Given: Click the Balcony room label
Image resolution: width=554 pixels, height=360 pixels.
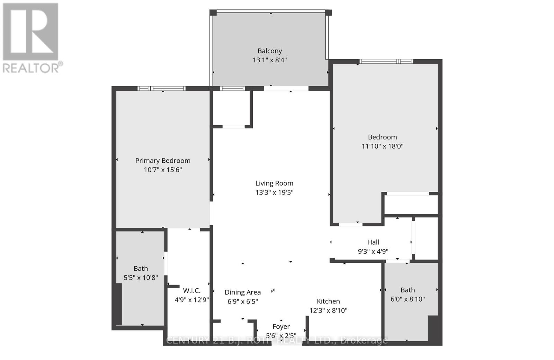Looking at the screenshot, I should (x=269, y=51).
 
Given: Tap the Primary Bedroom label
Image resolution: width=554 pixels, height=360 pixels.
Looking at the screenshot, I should (x=163, y=161).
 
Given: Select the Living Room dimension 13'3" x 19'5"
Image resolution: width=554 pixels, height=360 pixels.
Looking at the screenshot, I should (x=274, y=192).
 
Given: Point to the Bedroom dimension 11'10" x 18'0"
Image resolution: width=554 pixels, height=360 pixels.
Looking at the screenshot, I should (x=382, y=146).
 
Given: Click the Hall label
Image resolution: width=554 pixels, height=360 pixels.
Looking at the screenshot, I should (x=373, y=242).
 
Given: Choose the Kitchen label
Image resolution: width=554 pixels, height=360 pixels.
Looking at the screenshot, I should (x=328, y=301).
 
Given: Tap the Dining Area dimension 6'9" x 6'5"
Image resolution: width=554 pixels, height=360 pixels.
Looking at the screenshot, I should (x=242, y=301).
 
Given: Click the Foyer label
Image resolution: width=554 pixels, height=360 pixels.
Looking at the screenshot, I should (x=281, y=326).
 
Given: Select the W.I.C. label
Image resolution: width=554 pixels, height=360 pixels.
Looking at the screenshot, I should (x=191, y=291).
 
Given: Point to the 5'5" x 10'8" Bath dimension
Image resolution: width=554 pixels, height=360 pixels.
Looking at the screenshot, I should (x=141, y=278).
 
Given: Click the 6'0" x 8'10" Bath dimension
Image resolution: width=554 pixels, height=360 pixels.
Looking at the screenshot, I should (x=408, y=299).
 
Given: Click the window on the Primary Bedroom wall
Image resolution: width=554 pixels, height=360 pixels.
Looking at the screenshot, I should (x=162, y=89).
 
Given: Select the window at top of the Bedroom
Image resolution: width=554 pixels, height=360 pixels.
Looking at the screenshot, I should (x=386, y=62).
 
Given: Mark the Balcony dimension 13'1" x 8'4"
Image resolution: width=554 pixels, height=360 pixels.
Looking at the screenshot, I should (x=269, y=60).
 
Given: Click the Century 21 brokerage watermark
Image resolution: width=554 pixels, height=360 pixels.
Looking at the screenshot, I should (x=277, y=341).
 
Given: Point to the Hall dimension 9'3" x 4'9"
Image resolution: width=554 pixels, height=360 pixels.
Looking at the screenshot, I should (x=373, y=251).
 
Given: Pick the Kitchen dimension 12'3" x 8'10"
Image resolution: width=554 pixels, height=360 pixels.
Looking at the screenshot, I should (x=328, y=310).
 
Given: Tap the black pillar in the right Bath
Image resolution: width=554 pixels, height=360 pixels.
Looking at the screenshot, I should (x=433, y=328).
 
